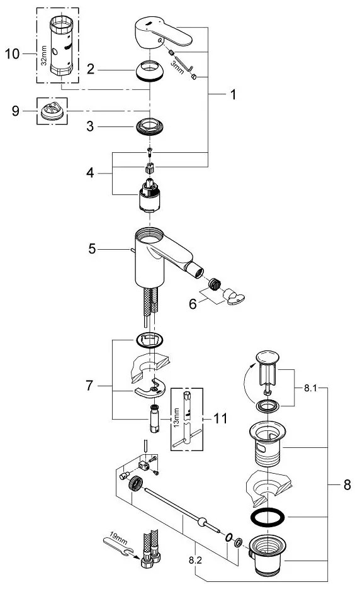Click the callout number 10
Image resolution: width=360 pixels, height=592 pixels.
[x=12, y=55]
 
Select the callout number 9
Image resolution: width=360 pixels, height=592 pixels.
[x=15, y=111]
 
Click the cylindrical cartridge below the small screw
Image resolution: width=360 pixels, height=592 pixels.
[x=150, y=198]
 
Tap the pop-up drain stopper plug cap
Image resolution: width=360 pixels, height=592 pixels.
[x=269, y=360]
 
